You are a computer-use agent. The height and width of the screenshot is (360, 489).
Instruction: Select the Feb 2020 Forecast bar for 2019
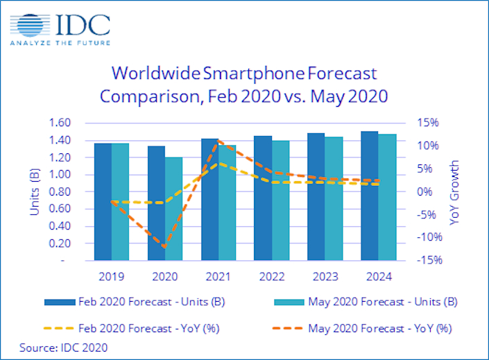(103, 202)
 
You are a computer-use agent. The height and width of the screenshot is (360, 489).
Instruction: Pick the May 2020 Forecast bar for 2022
(280, 200)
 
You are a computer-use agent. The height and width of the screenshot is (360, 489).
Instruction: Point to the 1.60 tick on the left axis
(60, 123)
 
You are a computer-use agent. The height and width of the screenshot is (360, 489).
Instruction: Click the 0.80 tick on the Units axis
(60, 192)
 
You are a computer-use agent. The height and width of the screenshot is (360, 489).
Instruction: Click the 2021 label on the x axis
(218, 277)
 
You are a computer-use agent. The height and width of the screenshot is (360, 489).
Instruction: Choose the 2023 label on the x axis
(325, 277)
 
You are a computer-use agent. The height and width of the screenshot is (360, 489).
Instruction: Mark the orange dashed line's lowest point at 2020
(164, 246)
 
